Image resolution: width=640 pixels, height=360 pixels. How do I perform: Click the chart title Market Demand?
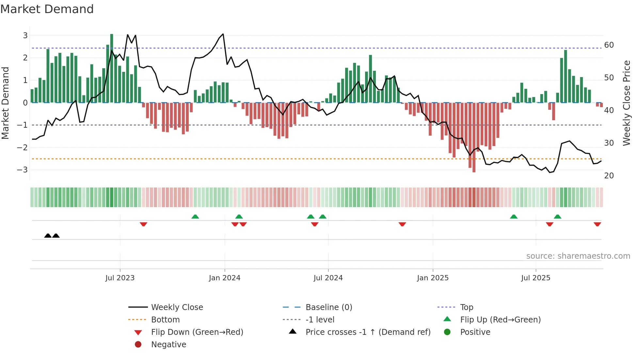pyautogui.click(x=47, y=9)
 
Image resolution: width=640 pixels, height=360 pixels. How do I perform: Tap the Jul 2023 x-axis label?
pyautogui.click(x=120, y=278)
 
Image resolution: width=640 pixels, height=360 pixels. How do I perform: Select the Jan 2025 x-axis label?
pyautogui.click(x=433, y=278)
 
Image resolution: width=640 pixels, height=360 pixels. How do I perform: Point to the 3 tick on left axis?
pyautogui.click(x=25, y=35)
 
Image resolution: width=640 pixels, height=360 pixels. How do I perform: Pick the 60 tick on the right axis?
pyautogui.click(x=609, y=45)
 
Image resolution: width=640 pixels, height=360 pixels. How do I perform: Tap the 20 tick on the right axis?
pyautogui.click(x=609, y=175)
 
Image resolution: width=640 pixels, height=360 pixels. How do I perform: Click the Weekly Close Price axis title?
pyautogui.click(x=626, y=103)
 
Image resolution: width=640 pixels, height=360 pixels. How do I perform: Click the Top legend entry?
pyautogui.click(x=467, y=307)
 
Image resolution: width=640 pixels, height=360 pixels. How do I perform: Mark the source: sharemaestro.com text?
pyautogui.click(x=578, y=256)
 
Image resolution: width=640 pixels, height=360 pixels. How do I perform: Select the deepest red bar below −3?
pyautogui.click(x=474, y=137)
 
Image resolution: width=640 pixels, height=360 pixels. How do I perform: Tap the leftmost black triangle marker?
pyautogui.click(x=48, y=236)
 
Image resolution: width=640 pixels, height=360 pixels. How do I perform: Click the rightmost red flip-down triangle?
pyautogui.click(x=597, y=224)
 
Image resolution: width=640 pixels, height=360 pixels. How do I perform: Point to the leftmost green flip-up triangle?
pyautogui.click(x=195, y=217)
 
